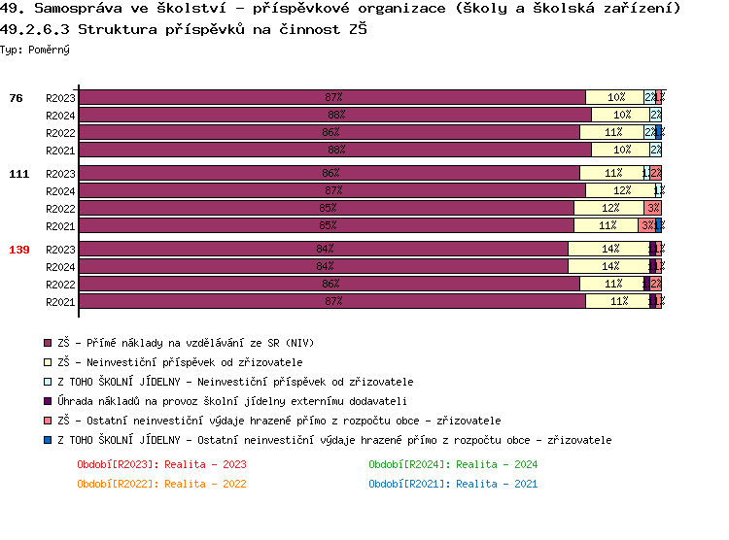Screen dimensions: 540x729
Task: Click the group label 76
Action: coord(16,98)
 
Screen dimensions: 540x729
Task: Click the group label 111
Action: coord(18,174)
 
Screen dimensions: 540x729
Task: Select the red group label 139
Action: coord(18,250)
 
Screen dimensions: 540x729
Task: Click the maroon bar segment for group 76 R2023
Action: coord(331,97)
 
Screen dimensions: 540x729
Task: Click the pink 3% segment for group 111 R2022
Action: coord(652,208)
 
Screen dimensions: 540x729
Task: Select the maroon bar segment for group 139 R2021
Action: coord(331,301)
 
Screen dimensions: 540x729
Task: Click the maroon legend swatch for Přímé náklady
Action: coord(48,343)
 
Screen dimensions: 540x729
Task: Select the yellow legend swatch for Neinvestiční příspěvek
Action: coord(48,362)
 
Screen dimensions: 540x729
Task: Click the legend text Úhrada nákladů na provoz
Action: coord(232,401)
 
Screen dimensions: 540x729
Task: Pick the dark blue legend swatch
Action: coord(48,440)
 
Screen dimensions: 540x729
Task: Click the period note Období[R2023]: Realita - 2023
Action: coord(161,464)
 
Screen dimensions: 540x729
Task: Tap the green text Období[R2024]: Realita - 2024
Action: coord(453,464)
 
